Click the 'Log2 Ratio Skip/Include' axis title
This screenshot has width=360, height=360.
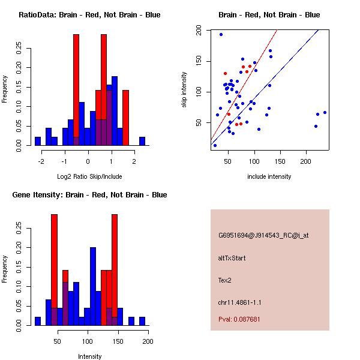[x=89, y=176]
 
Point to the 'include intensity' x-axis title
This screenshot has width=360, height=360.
[x=269, y=176]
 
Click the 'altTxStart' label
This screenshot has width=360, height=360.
[x=232, y=258]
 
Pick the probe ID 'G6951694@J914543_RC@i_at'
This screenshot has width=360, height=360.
[x=263, y=236]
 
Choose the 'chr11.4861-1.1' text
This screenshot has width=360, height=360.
[x=239, y=301]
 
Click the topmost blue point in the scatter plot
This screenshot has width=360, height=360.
[x=221, y=35]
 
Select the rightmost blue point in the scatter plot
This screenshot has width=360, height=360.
[x=325, y=112]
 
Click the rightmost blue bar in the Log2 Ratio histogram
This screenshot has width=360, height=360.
[x=142, y=141]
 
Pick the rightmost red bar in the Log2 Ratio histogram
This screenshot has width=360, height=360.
[x=126, y=118]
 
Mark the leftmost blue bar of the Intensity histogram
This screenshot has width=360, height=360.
[x=37, y=321]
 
